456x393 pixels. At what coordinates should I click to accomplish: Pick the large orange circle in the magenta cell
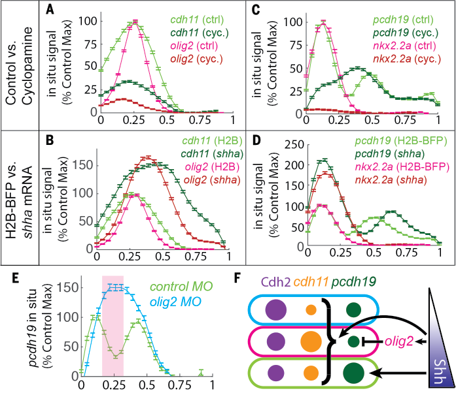coord(311,341)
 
